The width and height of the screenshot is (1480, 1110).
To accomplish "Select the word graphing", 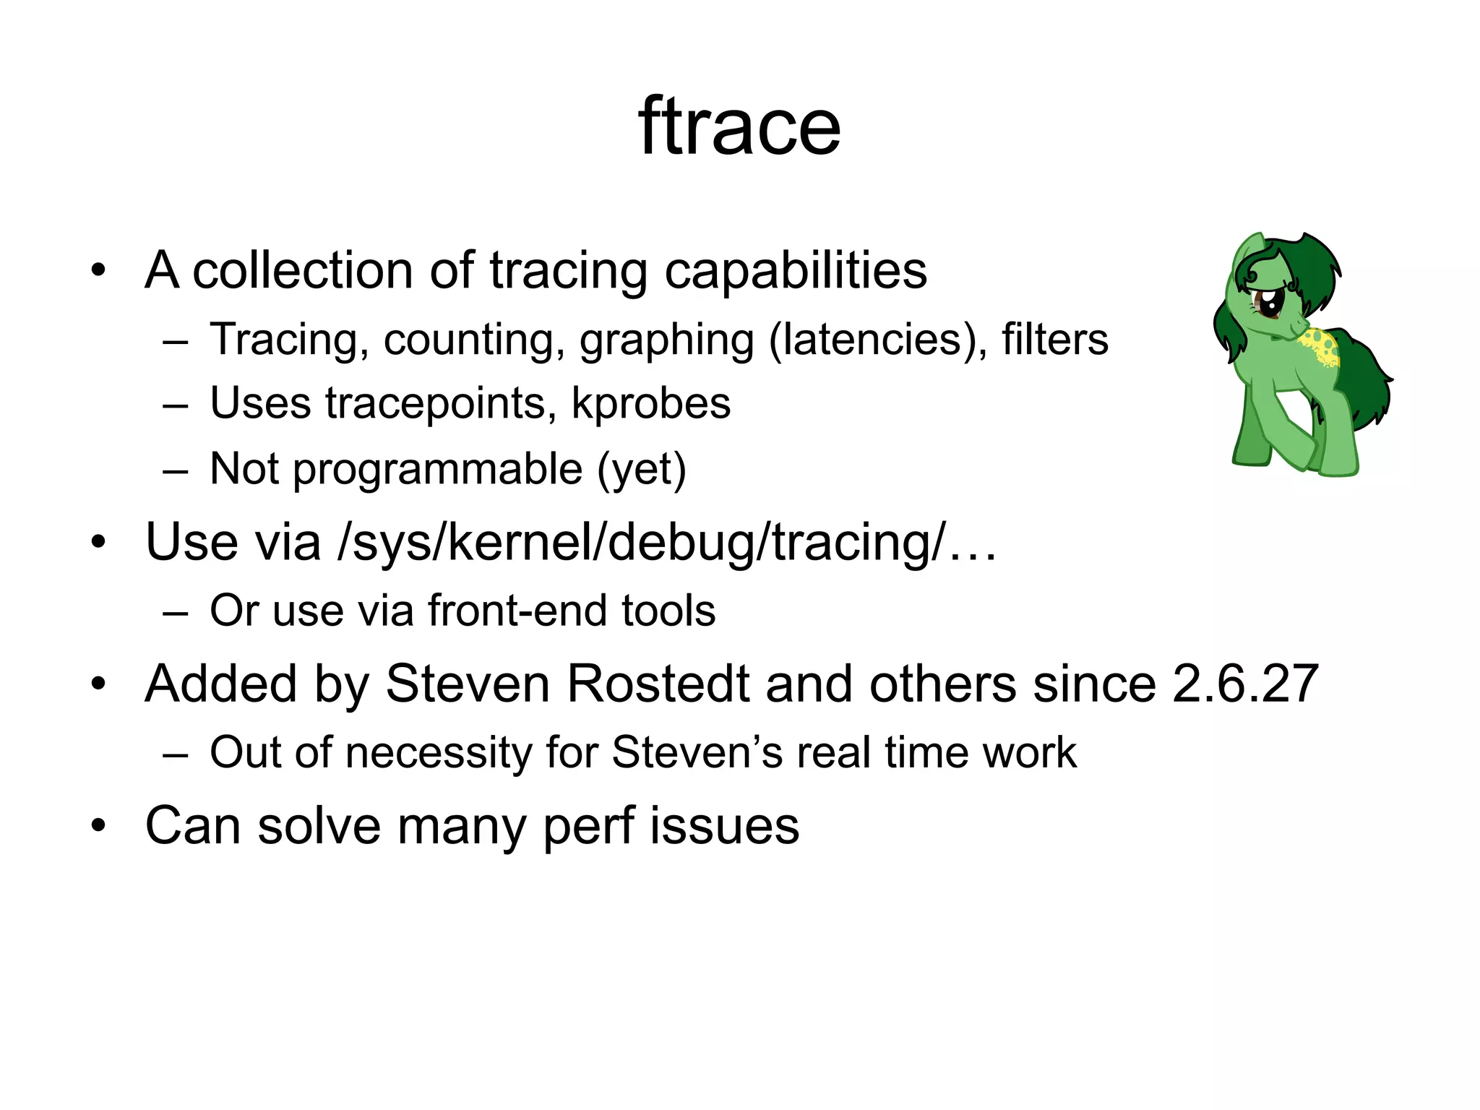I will point(666,341).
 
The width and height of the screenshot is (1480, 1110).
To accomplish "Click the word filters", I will point(1054,340).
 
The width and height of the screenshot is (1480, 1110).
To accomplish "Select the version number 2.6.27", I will point(1244,684).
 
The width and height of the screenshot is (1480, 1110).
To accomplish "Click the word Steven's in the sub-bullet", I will point(697,752).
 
